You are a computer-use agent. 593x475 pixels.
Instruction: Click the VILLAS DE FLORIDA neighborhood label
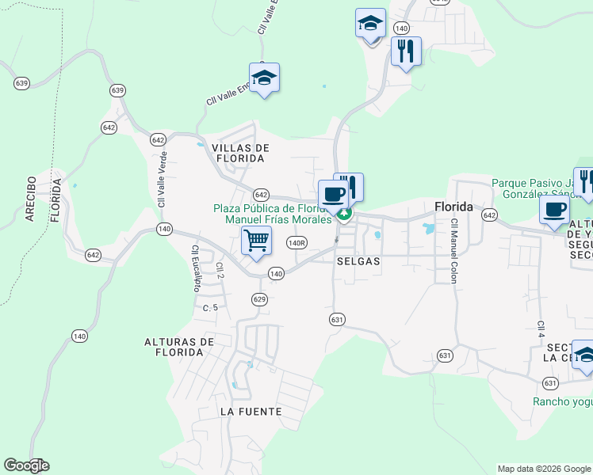coord(241,153)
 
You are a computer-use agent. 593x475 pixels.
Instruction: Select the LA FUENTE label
coord(251,412)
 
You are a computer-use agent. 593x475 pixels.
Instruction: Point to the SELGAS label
coord(358,260)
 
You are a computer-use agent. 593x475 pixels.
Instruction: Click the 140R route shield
coord(297,243)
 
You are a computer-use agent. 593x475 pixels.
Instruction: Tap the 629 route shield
coord(259,298)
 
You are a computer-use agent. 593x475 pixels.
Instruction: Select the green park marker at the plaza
coord(344,213)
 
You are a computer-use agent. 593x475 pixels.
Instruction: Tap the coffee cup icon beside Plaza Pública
coord(332,194)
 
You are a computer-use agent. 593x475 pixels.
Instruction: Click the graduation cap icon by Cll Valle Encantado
coord(264,78)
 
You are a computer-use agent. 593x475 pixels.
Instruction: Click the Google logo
coord(26,465)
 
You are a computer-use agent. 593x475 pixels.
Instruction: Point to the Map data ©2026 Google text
coord(543,469)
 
